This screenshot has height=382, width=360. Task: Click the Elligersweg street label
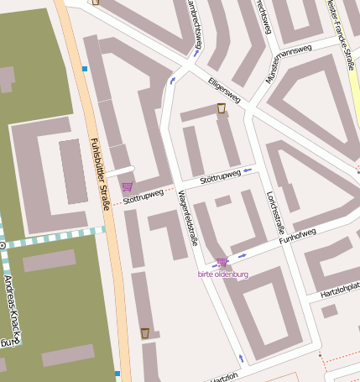224,91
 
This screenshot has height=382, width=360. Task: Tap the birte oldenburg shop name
222,274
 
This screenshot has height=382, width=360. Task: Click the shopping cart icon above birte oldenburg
222,263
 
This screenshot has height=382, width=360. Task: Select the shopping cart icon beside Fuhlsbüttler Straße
127,186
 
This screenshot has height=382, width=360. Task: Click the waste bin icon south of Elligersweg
222,108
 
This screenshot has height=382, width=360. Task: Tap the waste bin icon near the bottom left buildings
144,333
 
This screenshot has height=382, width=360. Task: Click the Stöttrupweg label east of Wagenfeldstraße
221,176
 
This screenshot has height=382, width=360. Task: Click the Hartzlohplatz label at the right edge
339,292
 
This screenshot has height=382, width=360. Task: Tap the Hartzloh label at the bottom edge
221,378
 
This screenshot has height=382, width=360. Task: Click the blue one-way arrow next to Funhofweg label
243,254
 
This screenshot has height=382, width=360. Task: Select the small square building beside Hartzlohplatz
329,311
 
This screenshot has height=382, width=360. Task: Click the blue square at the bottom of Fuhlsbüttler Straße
117,373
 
